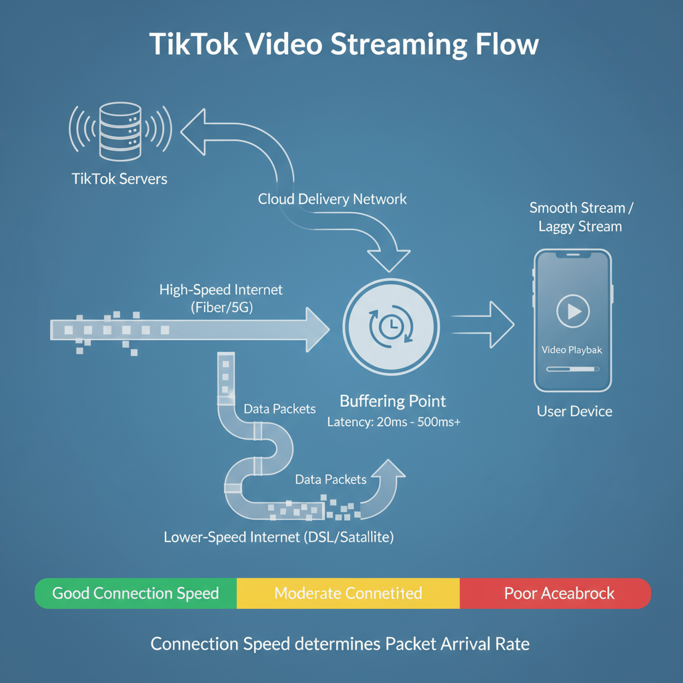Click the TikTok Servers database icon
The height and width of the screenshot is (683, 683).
coord(120,131)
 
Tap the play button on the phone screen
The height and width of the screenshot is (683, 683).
coord(573,311)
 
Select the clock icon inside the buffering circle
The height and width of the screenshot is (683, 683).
coord(391,326)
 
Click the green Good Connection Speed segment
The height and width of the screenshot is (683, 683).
coord(136,593)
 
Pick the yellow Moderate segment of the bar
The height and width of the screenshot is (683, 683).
coord(348,593)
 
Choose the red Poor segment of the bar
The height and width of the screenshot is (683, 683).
coord(556,593)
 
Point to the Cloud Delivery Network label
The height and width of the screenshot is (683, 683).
coord(332,199)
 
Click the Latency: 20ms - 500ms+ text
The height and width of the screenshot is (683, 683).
coord(394,422)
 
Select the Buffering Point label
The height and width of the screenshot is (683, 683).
coord(392,401)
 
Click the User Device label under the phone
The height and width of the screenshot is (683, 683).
coord(574,411)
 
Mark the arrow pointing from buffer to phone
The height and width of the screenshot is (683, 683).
coord(483,325)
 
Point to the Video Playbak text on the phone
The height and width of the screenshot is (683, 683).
coord(572,350)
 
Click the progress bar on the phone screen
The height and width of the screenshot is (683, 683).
coord(573,369)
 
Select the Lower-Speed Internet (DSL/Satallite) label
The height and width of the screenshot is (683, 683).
coord(279,537)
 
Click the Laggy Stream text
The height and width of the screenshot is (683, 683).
coord(580,227)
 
